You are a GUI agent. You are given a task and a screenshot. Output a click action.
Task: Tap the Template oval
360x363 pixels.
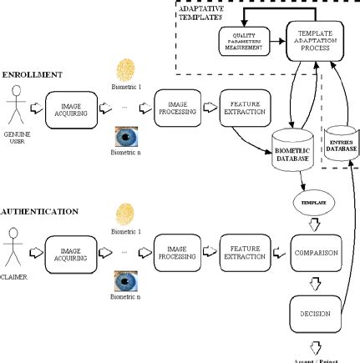pyautogui.click(x=311, y=201)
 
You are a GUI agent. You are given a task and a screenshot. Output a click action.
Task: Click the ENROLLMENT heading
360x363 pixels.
pyautogui.click(x=31, y=74)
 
